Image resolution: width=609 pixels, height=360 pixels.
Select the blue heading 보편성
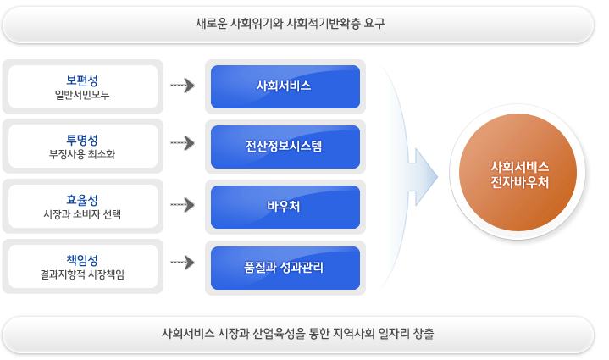coord(82,80)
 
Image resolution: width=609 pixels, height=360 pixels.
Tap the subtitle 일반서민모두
coord(82,95)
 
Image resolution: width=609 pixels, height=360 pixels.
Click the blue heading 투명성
coord(82,139)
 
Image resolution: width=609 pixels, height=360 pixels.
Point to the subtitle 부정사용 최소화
coord(82,154)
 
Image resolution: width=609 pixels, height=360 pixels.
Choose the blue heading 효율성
coord(82,199)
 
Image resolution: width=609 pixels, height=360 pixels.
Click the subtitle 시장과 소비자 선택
coord(82,214)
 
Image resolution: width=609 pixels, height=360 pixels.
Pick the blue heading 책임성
coord(82,259)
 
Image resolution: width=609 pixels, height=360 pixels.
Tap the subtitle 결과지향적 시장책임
coord(82,274)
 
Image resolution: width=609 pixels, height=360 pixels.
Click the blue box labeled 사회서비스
coord(285,86)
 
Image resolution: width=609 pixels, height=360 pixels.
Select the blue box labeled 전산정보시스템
coord(285,146)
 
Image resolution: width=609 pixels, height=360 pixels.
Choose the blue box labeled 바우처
coord(285,206)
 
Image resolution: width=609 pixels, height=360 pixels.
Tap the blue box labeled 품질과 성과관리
coord(285,266)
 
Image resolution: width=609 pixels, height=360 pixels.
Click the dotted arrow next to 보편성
coord(183,86)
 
